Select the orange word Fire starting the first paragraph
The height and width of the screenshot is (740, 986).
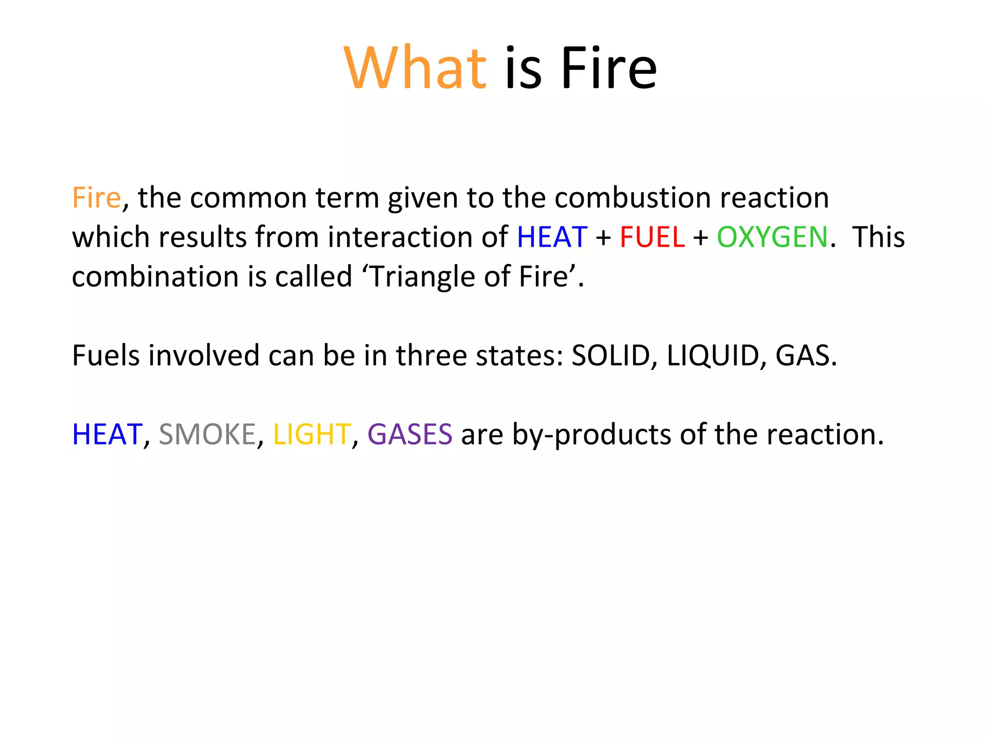(96, 198)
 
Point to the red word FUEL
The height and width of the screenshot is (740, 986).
(652, 237)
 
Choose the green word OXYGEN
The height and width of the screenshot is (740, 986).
(772, 237)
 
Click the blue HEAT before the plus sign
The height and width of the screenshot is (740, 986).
(552, 237)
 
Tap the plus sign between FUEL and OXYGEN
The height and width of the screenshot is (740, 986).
(701, 238)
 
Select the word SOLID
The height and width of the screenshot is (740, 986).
(610, 356)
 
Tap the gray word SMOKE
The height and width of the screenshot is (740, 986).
(207, 435)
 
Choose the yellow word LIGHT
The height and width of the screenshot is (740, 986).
(311, 435)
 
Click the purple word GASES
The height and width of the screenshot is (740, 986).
(410, 435)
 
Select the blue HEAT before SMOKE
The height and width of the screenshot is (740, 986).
(107, 435)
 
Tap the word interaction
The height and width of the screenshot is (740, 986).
(417, 237)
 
